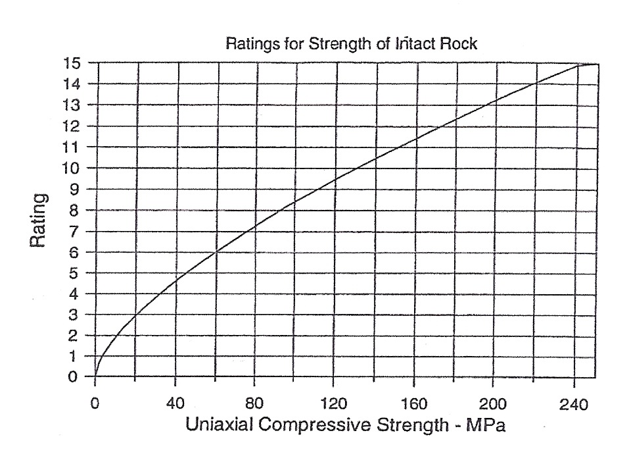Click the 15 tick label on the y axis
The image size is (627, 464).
70,63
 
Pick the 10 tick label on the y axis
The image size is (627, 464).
70,168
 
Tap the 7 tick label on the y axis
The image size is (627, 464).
74,231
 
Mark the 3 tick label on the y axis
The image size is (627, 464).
74,315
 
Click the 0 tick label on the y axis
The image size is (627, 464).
74,377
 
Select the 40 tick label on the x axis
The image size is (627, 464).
175,403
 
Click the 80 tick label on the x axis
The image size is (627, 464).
254,403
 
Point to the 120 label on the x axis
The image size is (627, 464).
333,403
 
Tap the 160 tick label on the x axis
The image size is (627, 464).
413,403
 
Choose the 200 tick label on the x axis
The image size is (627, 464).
492,403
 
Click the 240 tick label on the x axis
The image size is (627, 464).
572,403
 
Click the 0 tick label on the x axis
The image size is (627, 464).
95,403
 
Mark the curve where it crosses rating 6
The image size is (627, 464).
216,252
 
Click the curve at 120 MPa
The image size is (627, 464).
333,180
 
